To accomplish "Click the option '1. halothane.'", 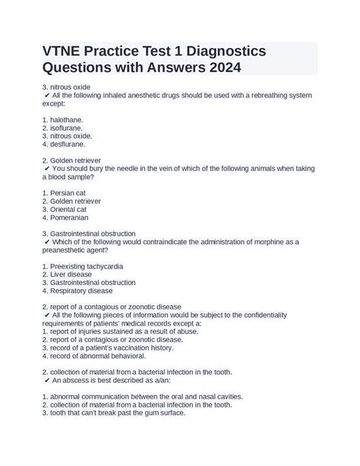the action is click(63, 119).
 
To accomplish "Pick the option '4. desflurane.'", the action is click(64, 144).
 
